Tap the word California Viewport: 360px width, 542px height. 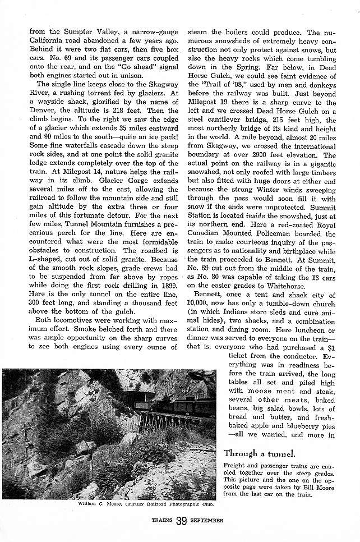tap(49, 42)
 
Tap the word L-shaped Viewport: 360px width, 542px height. tap(47, 262)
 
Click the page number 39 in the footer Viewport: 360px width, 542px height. tap(180, 521)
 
